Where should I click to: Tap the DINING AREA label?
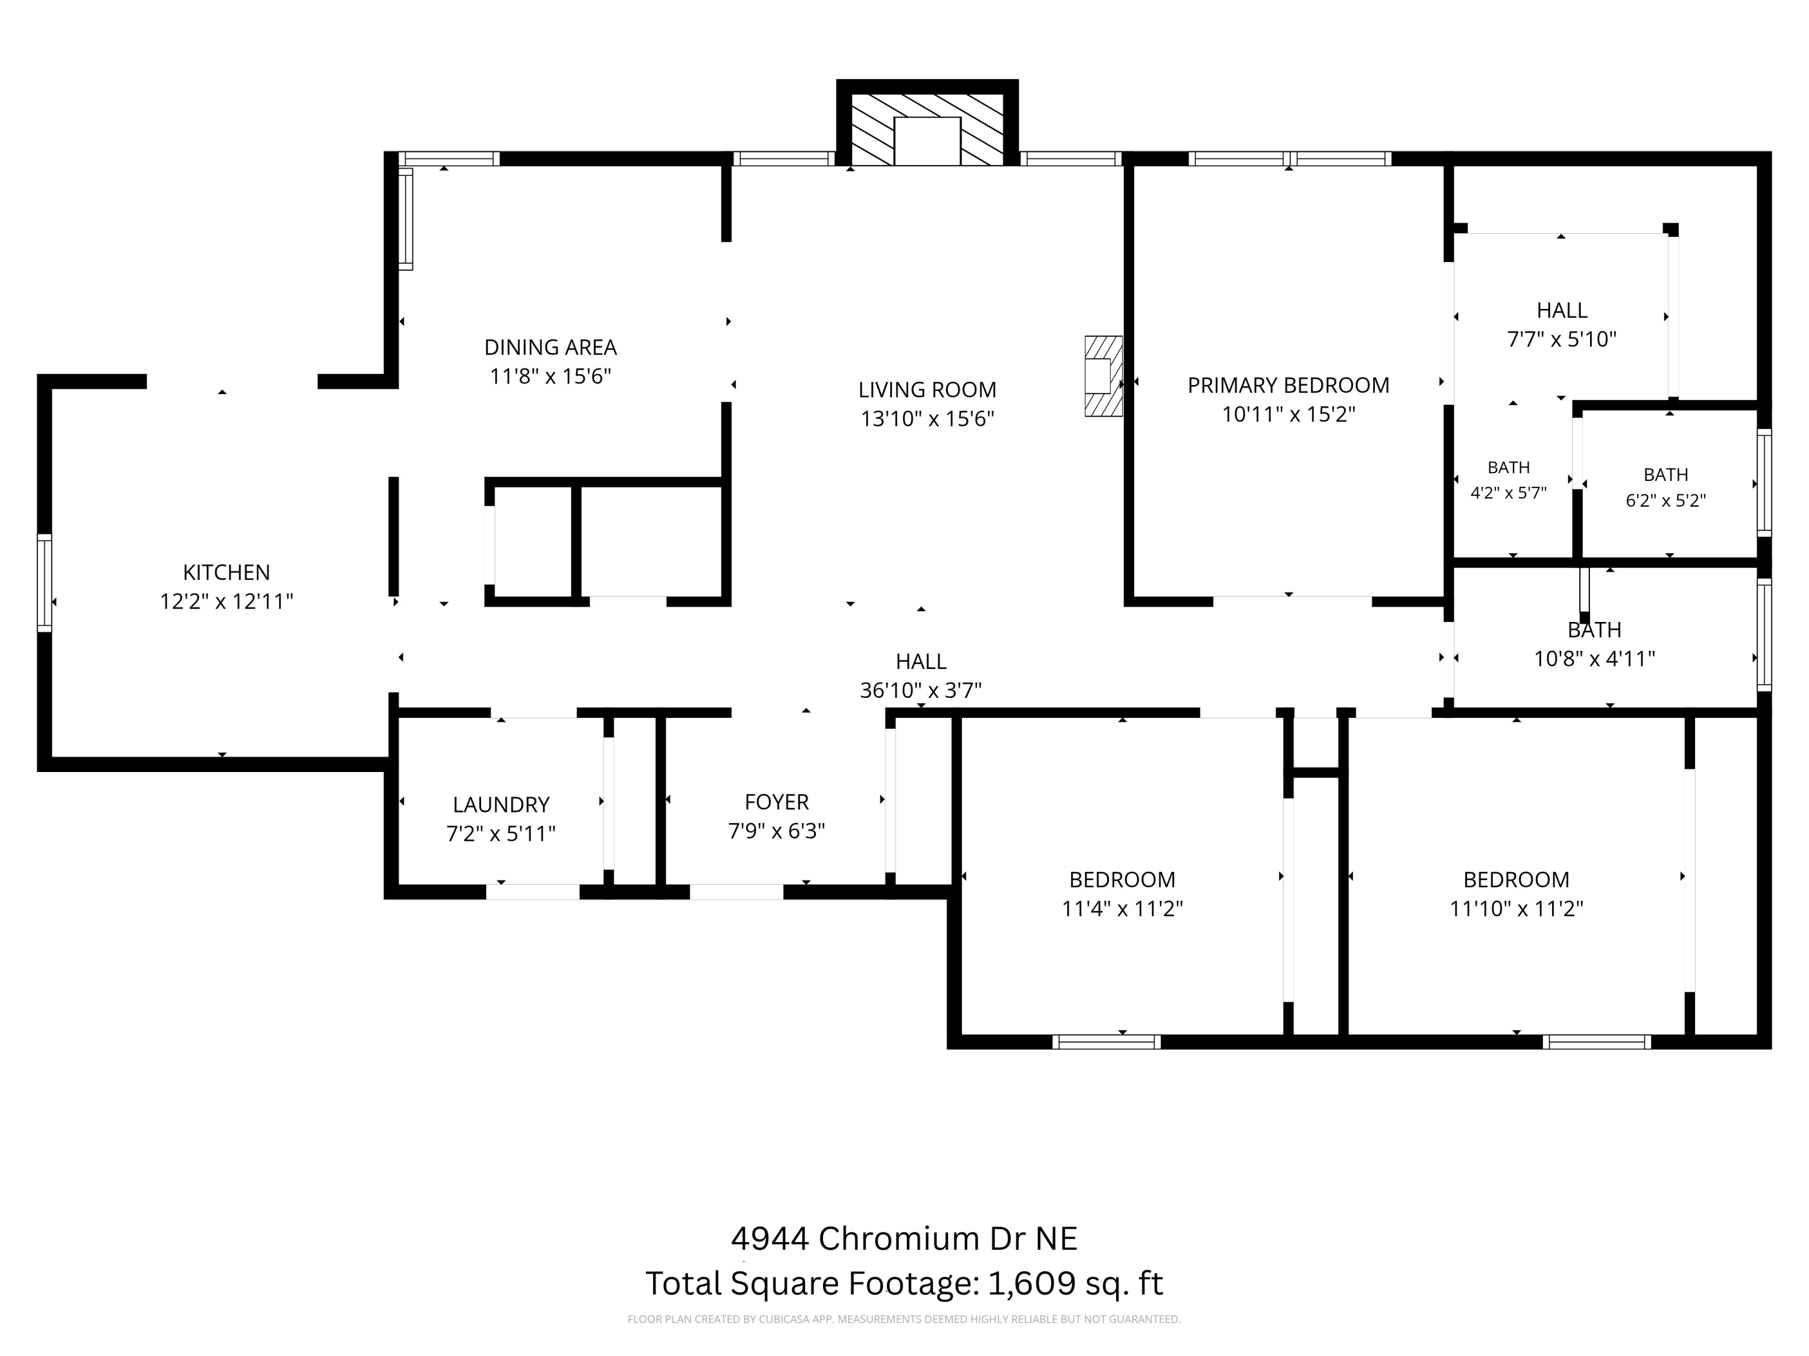pyautogui.click(x=551, y=347)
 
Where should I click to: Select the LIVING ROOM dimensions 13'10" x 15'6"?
pyautogui.click(x=927, y=418)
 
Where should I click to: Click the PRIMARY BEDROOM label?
pyautogui.click(x=1288, y=385)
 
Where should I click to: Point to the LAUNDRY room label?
pyautogui.click(x=500, y=805)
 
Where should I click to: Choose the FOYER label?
pyautogui.click(x=776, y=802)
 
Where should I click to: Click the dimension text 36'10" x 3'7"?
pyautogui.click(x=921, y=691)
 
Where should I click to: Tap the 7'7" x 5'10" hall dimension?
pyautogui.click(x=1562, y=339)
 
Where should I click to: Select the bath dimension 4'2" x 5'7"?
pyautogui.click(x=1508, y=493)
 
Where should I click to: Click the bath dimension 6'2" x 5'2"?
pyautogui.click(x=1666, y=500)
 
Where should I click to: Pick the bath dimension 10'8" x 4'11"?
pyautogui.click(x=1595, y=659)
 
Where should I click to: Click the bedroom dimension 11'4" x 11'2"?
pyautogui.click(x=1122, y=909)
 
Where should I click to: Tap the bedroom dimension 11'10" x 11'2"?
pyautogui.click(x=1516, y=909)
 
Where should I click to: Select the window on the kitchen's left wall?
pyautogui.click(x=44, y=583)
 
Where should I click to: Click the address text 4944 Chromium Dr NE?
pyautogui.click(x=904, y=1238)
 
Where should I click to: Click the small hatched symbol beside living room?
pyautogui.click(x=1103, y=376)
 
